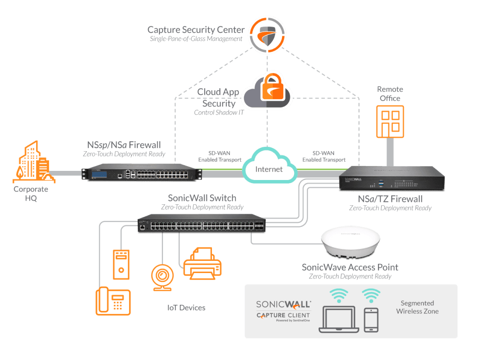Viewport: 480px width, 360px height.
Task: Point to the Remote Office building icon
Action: click(x=390, y=121)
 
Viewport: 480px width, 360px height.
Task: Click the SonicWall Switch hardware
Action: click(x=202, y=224)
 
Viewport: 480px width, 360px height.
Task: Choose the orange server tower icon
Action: click(x=121, y=264)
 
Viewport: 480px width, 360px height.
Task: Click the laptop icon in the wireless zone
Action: click(x=339, y=319)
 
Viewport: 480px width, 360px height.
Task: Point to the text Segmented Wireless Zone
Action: click(x=417, y=307)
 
